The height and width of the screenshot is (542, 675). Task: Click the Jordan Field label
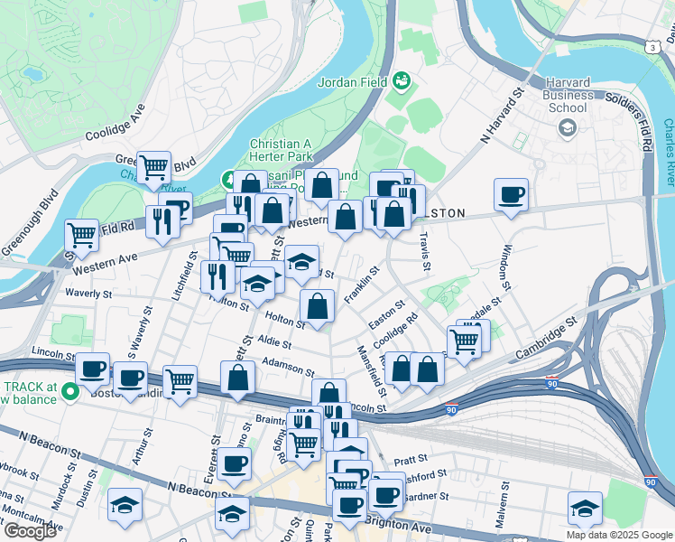[352, 83]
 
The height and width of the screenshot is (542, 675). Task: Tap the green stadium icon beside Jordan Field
[401, 84]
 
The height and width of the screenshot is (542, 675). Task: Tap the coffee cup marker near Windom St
[511, 194]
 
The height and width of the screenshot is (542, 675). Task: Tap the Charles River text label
[669, 153]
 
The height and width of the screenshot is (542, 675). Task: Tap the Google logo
[30, 531]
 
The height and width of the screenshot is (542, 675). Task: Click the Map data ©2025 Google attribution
[619, 535]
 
